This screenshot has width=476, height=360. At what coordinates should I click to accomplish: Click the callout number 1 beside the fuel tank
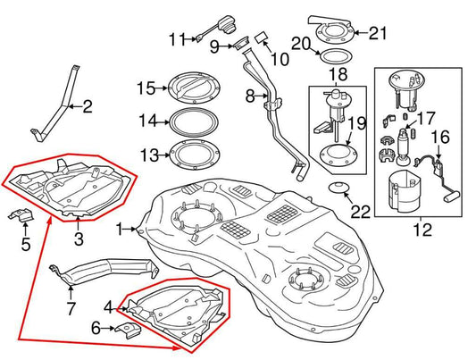118,230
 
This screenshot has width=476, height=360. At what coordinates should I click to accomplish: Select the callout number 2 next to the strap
88,108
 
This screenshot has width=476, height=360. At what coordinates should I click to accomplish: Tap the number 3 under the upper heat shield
79,239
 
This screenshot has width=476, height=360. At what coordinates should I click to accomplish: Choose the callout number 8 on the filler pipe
252,94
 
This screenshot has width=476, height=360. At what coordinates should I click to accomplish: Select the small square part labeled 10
263,37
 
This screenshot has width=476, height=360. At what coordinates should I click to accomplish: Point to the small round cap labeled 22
337,187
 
